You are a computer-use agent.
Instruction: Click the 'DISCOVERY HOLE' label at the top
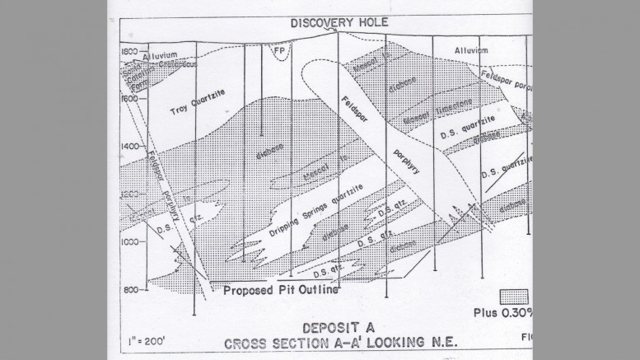point(328,22)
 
